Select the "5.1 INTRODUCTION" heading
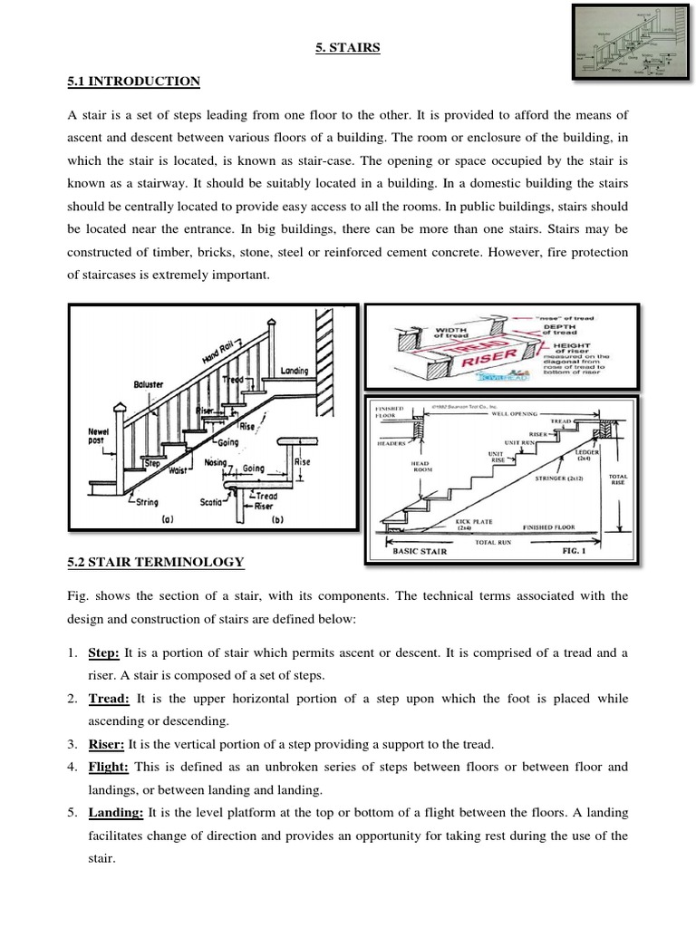134,82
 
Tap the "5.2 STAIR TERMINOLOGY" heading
156,563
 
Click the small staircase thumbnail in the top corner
627,45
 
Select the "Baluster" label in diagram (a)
148,384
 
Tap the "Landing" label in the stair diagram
294,371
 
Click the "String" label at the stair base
147,501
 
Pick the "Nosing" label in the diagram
216,462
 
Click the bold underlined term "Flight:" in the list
109,767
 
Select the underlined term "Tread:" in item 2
109,700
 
